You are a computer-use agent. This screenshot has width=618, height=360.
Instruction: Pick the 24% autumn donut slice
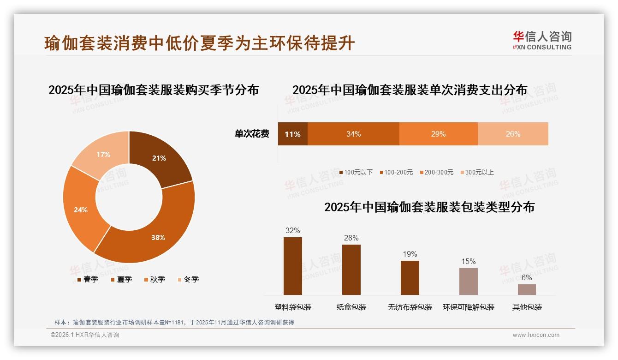81,210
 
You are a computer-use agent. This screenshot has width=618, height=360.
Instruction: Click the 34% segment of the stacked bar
353,134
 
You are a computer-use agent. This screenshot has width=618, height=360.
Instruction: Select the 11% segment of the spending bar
292,134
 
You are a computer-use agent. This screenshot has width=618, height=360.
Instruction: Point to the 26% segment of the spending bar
513,134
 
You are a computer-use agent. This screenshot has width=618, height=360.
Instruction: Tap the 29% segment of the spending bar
438,134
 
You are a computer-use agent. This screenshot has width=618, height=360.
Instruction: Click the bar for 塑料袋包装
292,266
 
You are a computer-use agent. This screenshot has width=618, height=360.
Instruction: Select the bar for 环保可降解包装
468,281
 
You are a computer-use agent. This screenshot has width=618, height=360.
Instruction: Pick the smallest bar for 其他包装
527,289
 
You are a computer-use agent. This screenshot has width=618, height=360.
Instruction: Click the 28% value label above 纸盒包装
351,238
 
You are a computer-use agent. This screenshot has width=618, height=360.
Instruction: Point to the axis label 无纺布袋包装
410,307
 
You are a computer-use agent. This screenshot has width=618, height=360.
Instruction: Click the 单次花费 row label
252,134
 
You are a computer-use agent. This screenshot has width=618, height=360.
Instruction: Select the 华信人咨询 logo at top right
542,41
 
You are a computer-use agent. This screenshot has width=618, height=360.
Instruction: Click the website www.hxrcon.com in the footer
536,335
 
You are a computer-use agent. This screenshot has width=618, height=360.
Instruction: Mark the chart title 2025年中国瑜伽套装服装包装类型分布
429,207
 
